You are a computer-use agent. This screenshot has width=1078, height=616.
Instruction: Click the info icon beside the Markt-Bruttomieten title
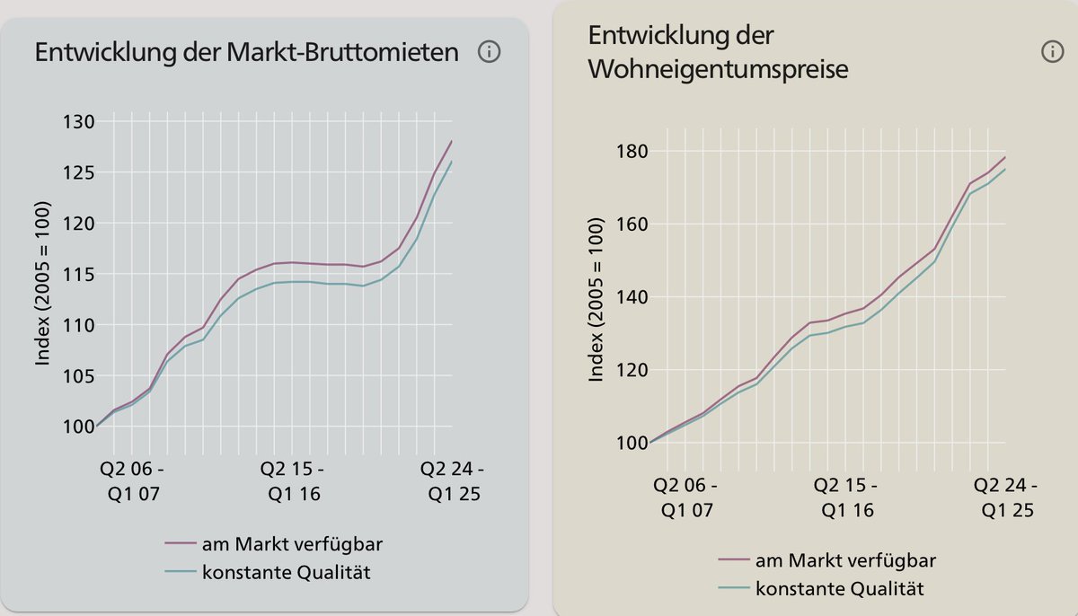click(x=489, y=52)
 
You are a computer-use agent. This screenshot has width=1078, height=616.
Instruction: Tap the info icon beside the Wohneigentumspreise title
click(x=1052, y=52)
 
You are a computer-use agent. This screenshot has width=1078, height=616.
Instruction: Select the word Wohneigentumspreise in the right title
click(x=718, y=69)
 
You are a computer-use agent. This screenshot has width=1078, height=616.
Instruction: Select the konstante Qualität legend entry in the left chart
click(x=268, y=573)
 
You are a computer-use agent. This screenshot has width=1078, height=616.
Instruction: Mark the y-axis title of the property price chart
click(x=596, y=297)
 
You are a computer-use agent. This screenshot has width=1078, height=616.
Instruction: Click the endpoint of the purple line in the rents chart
click(x=452, y=141)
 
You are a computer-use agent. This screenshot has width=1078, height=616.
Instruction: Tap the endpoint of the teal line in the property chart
click(x=1005, y=169)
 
